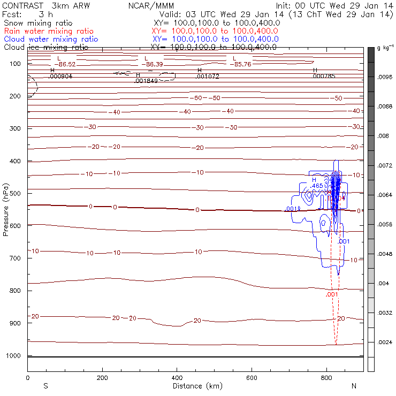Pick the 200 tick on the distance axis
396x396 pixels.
click(102, 377)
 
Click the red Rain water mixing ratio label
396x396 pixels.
click(49, 31)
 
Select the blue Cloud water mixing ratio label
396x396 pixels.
click(51, 39)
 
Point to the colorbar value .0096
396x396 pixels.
click(386, 77)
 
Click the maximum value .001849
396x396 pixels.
click(146, 81)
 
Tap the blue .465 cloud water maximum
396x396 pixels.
click(317, 186)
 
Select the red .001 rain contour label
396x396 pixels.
click(332, 294)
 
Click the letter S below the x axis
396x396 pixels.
click(45, 386)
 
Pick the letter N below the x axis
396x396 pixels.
click(354, 386)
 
